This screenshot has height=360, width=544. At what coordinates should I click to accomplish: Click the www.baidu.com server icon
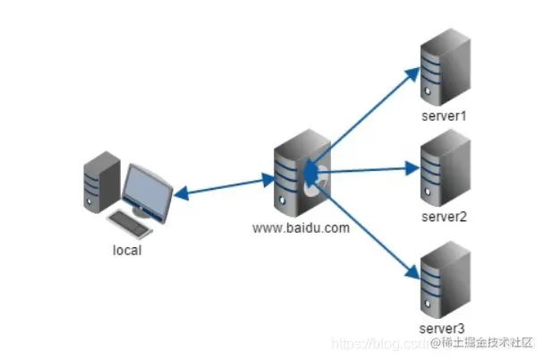click(299, 176)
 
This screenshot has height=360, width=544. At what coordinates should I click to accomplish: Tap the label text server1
click(445, 117)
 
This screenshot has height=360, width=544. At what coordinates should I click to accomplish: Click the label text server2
click(445, 217)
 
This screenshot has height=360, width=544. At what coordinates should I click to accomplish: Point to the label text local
click(126, 250)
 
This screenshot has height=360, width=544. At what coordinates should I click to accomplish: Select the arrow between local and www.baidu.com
click(224, 185)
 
